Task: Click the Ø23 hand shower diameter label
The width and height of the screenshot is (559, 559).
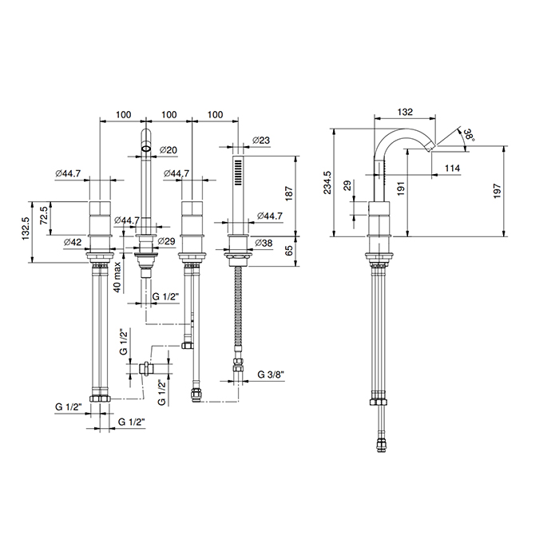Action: [260, 140]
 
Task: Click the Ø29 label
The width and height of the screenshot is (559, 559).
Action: [166, 240]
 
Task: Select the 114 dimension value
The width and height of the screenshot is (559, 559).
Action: [452, 168]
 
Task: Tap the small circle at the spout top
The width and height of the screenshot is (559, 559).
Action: [146, 147]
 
